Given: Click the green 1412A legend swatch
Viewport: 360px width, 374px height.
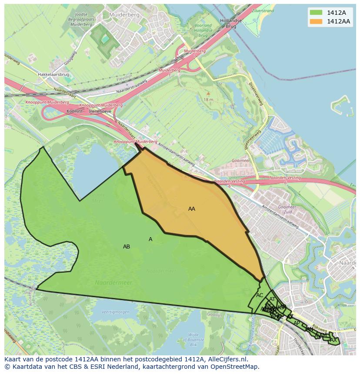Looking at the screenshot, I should coord(316,13).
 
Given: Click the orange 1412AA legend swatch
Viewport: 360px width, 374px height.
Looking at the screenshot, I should coord(316,21).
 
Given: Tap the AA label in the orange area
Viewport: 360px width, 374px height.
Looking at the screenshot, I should coord(192,209).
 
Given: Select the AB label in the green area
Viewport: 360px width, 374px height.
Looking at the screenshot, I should coord(127,247).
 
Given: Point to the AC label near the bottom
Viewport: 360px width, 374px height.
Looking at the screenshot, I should coord(260,295).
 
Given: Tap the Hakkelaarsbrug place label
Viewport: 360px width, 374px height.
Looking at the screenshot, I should coord(54,75).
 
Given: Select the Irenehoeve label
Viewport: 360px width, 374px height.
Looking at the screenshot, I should coord(100,111).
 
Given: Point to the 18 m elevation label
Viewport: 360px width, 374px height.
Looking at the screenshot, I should coord(208,99).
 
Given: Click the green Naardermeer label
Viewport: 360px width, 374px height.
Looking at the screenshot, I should coord(113,283).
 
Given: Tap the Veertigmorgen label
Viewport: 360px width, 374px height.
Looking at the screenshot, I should coord(115,312).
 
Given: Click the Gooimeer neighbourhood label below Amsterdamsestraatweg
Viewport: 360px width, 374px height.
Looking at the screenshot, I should coord(287,208).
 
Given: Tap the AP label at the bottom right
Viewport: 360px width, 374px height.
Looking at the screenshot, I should coord(297,323).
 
